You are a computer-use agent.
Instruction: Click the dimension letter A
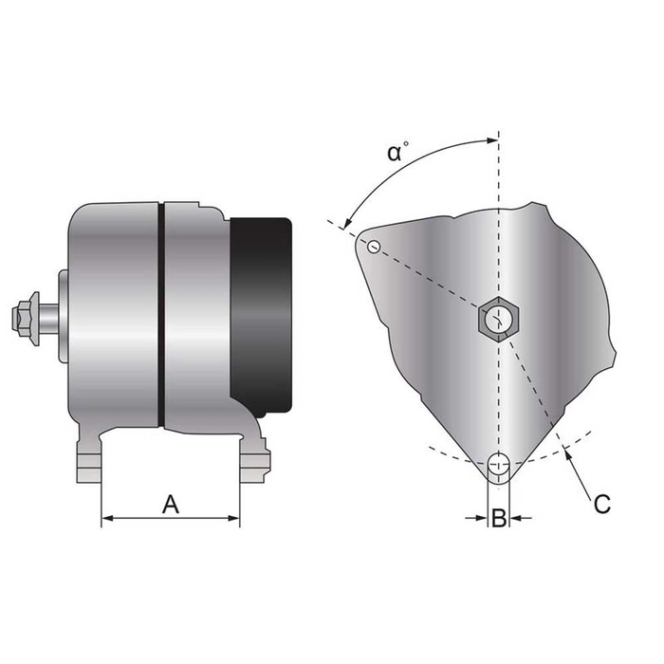[171, 504]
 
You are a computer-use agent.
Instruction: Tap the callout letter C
[601, 504]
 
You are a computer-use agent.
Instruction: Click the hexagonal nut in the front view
[497, 319]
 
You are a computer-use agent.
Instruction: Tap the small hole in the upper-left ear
[375, 248]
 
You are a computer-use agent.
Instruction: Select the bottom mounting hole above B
[499, 466]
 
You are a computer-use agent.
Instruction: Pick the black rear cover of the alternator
[262, 313]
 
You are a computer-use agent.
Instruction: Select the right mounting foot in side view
[254, 460]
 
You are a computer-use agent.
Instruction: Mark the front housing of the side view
[114, 313]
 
